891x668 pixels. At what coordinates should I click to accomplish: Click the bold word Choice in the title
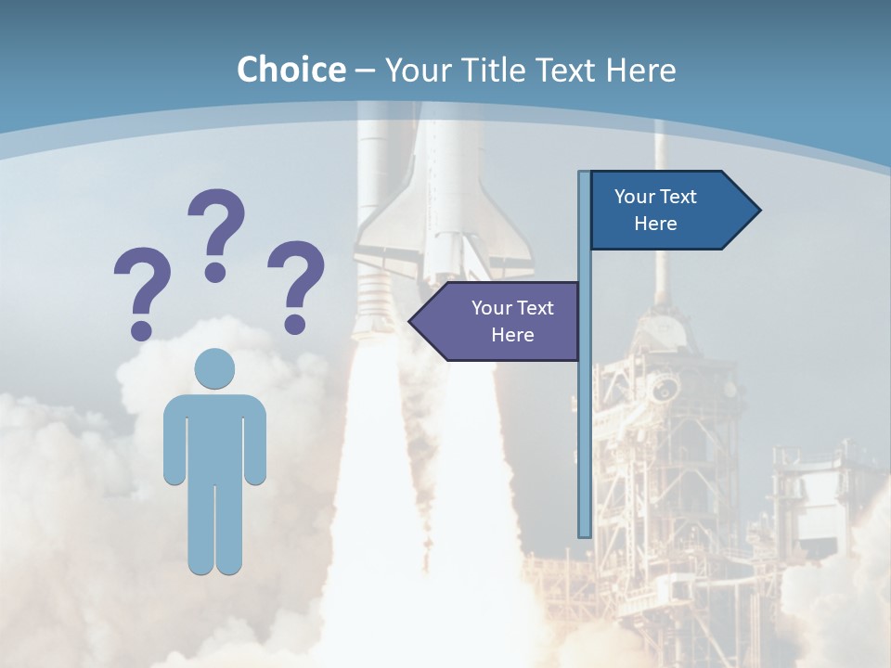tap(291, 70)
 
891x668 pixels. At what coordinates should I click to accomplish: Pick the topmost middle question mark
tap(216, 232)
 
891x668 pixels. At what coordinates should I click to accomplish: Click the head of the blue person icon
tap(214, 368)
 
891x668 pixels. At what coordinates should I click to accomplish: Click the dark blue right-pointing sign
tap(664, 210)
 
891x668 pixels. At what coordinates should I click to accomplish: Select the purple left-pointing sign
tap(501, 321)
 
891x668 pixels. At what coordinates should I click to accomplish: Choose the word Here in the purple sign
tap(512, 335)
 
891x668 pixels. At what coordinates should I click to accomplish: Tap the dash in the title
tap(366, 70)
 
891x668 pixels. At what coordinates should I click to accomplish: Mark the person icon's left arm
tap(174, 441)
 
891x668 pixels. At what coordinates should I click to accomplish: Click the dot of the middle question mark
tap(215, 271)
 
